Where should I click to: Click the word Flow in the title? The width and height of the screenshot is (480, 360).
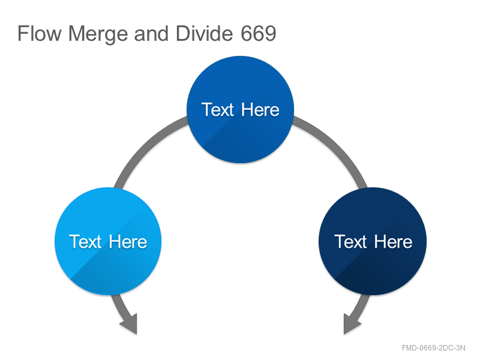[40, 33]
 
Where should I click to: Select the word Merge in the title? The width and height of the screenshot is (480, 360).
[98, 34]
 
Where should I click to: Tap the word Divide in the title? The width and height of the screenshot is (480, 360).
[205, 33]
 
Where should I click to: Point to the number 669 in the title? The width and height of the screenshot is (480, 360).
[259, 33]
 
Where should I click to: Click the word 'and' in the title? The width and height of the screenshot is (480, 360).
[151, 33]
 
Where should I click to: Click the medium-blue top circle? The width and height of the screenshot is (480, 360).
[241, 109]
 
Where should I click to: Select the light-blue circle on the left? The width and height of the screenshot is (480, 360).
[108, 241]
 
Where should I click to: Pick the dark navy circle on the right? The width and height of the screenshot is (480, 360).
[373, 241]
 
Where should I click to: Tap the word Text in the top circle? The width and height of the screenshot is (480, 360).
[218, 110]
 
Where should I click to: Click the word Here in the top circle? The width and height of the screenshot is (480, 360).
[260, 110]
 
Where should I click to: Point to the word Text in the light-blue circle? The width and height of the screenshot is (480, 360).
[85, 242]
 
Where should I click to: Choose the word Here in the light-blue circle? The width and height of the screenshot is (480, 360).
[128, 242]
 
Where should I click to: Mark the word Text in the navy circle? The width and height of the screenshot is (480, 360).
[350, 242]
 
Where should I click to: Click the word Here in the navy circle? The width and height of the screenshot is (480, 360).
[393, 242]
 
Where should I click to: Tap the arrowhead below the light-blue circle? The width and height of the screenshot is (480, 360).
[130, 325]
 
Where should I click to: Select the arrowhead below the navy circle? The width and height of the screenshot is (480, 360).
[351, 325]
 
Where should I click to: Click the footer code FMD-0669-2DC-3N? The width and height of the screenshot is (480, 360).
[433, 348]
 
